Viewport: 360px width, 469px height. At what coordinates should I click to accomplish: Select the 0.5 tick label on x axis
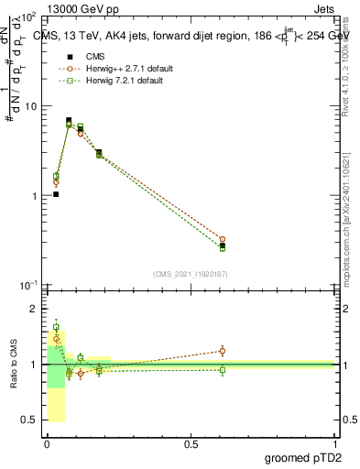click(x=191, y=443)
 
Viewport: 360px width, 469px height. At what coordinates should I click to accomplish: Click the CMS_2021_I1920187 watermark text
click(x=190, y=273)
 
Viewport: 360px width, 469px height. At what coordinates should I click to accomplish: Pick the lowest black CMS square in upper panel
click(x=56, y=194)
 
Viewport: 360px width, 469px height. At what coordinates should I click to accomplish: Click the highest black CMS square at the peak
click(x=69, y=120)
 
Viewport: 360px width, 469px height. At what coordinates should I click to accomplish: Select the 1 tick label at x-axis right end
click(x=334, y=443)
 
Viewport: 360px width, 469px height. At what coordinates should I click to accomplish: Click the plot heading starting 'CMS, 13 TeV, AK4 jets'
click(x=183, y=36)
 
